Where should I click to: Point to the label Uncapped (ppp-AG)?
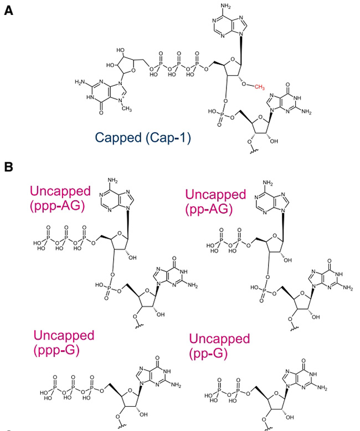60,199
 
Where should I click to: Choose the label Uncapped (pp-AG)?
215,201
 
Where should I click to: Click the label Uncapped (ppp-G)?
64,342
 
